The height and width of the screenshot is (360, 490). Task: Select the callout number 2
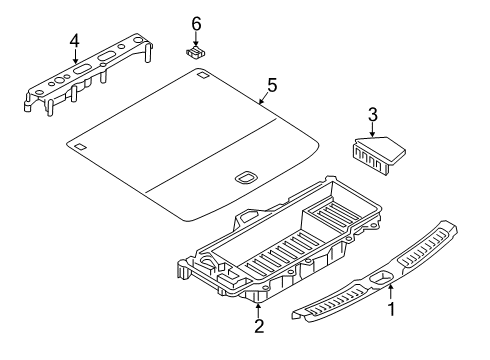point(258,326)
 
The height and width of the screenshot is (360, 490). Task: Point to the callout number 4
point(73,41)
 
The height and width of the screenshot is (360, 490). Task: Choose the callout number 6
point(196,22)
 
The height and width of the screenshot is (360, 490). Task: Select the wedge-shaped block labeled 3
point(374,155)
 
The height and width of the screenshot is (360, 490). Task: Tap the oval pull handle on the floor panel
point(245,177)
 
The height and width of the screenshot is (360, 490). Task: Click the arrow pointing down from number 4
point(73,57)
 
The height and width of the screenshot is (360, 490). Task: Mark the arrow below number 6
point(196,38)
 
